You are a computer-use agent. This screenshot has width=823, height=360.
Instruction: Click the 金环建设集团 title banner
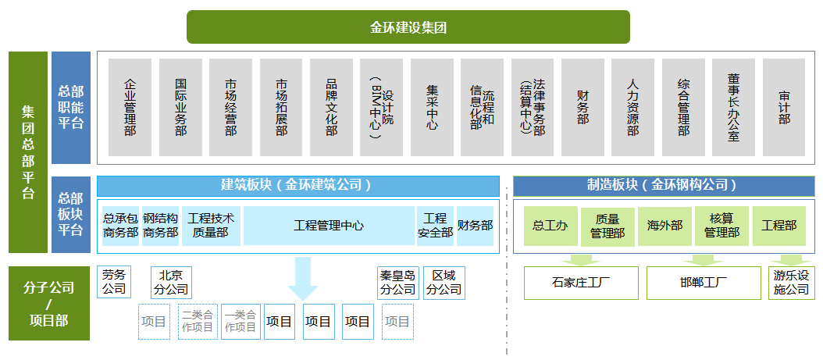pyautogui.click(x=408, y=27)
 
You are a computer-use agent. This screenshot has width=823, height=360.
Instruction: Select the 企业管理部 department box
pyautogui.click(x=130, y=107)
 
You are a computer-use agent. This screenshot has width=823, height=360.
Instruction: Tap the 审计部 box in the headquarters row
pyautogui.click(x=784, y=107)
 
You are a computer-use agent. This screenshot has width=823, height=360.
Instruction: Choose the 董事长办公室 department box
pyautogui.click(x=733, y=107)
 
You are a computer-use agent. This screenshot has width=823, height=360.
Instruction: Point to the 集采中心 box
pyautogui.click(x=432, y=107)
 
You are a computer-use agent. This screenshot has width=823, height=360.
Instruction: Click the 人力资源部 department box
pyautogui.click(x=632, y=107)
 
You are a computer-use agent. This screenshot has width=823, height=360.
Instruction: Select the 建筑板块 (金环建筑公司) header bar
pyautogui.click(x=297, y=186)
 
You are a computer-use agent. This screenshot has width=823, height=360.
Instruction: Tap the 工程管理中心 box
pyautogui.click(x=329, y=226)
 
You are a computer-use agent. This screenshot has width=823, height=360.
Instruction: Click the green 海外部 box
pyautogui.click(x=664, y=226)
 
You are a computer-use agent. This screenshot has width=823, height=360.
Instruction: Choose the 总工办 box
pyautogui.click(x=550, y=226)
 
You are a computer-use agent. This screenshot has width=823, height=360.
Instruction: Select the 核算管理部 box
pyautogui.click(x=721, y=226)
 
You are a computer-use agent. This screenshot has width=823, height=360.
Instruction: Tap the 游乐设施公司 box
pyautogui.click(x=791, y=283)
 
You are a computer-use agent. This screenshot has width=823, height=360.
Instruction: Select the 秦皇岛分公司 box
pyautogui.click(x=397, y=283)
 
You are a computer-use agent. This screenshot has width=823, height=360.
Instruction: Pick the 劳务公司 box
pyautogui.click(x=113, y=282)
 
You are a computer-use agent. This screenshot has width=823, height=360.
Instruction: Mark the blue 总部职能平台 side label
pyautogui.click(x=71, y=108)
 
